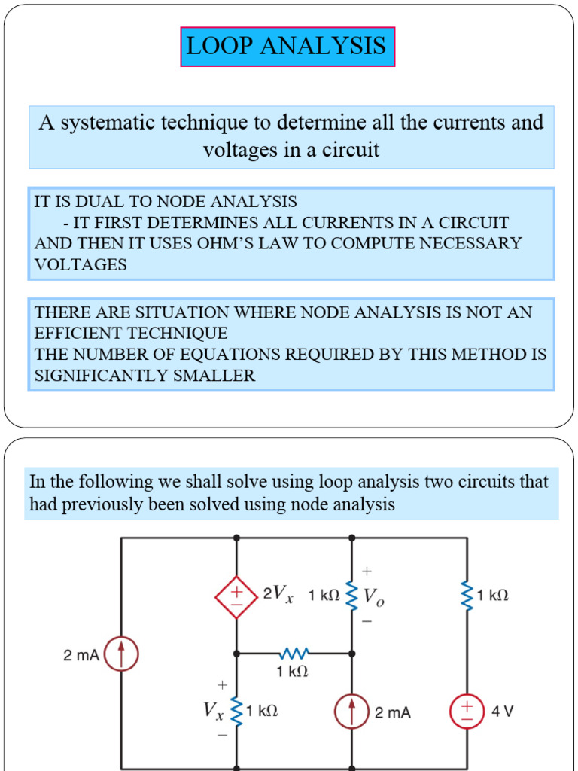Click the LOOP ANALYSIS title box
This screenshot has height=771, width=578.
tap(287, 47)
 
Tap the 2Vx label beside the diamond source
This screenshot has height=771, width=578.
tap(277, 594)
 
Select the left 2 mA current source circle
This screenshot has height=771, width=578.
tap(121, 654)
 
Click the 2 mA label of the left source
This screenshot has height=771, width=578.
tap(81, 655)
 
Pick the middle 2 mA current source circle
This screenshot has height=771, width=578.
tap(351, 712)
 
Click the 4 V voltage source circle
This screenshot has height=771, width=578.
tap(467, 712)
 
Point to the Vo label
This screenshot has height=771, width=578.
tap(373, 597)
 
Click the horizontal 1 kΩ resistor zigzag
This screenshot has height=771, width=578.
tap(294, 653)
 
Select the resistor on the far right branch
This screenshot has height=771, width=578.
tap(467, 596)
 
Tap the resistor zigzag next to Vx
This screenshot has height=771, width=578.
tap(236, 711)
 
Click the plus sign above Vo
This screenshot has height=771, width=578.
tap(367, 572)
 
